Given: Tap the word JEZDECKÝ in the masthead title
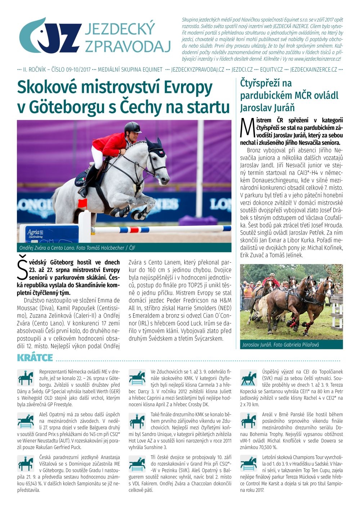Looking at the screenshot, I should [120, 29].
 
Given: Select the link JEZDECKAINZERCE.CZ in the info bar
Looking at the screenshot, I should [314, 69].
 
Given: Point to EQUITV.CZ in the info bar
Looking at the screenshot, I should [271, 69].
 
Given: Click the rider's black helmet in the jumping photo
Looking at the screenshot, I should [132, 127].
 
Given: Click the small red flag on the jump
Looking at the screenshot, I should [82, 204].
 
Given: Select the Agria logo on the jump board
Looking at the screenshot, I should [35, 232].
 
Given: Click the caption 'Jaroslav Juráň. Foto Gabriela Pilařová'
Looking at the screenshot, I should [280, 345].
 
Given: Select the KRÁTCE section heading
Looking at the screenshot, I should [35, 358].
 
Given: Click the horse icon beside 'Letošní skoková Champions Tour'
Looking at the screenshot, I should [248, 463].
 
